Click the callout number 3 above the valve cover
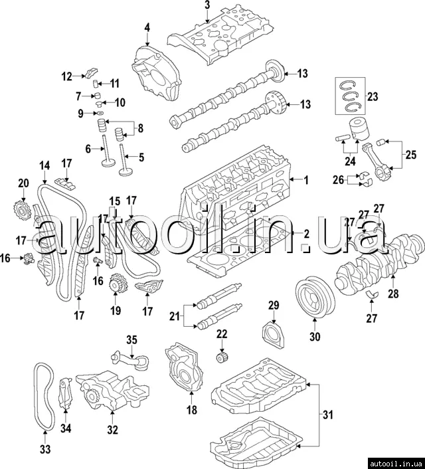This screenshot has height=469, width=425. (x=207, y=6)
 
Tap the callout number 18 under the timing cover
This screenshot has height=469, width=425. (x=192, y=411)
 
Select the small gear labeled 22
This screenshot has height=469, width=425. (x=222, y=359)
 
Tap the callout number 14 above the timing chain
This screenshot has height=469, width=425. (x=44, y=165)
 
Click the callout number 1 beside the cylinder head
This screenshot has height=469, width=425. (x=305, y=180)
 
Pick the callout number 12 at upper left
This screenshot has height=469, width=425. (x=67, y=76)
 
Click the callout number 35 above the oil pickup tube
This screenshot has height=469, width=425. (x=131, y=340)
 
